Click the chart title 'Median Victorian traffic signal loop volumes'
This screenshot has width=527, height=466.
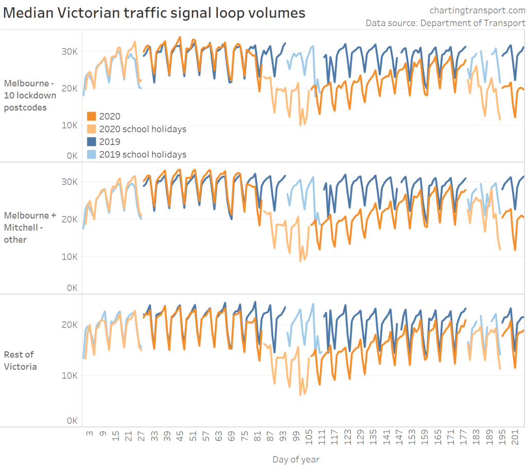pos(154,12)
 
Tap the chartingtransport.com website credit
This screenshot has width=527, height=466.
pos(477,10)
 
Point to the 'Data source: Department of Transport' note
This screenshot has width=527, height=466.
pos(446,23)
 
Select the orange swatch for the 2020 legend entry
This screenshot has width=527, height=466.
pos(92,117)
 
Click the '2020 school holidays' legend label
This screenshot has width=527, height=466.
pos(143,129)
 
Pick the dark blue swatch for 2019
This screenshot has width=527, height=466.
pos(92,142)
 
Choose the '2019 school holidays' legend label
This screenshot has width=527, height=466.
pos(143,154)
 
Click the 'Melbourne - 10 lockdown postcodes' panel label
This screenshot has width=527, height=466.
pos(32,95)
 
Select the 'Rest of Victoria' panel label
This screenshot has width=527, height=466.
pos(21,361)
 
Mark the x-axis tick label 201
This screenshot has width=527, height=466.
pos(515,440)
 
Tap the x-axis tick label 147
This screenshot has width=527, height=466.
pos(399,440)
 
